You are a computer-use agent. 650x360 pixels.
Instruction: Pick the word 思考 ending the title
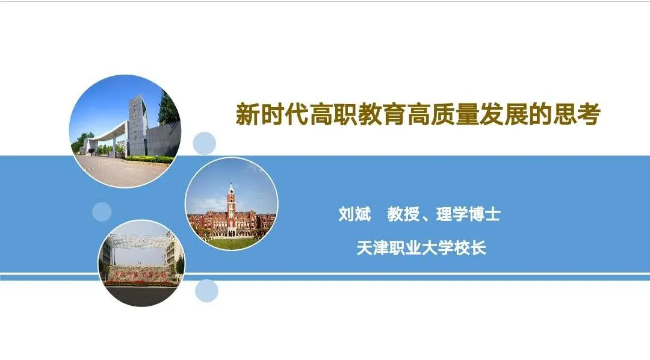(577, 114)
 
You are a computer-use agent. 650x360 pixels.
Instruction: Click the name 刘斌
(354, 214)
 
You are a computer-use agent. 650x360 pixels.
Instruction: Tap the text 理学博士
(468, 214)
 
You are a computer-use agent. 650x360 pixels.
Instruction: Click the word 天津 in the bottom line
(373, 248)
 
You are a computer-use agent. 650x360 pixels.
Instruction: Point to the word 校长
(470, 248)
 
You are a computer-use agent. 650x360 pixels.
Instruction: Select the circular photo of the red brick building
(231, 204)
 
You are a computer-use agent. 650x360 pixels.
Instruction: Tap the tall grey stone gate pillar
(137, 125)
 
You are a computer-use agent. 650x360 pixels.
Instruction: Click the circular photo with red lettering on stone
(141, 263)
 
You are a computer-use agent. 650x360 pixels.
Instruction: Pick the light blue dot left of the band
(102, 212)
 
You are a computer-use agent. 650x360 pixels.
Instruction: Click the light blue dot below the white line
(206, 291)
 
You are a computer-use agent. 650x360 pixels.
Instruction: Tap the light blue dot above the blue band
(205, 143)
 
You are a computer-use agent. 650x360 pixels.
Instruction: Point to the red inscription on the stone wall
(140, 275)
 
